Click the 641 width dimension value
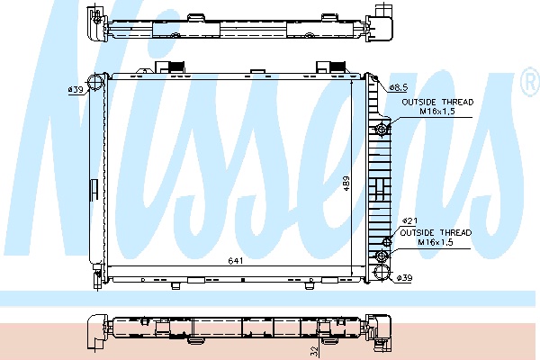236,261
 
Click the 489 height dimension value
346,184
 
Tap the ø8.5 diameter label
399,88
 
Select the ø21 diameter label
409,220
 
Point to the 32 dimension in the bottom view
314,351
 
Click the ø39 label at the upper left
76,90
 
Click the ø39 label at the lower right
404,278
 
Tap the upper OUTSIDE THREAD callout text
437,103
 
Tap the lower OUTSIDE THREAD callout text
436,233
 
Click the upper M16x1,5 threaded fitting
382,130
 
